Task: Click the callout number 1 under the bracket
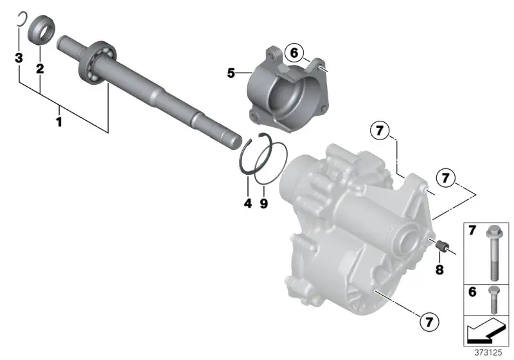tap(59, 122)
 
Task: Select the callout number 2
tap(40, 69)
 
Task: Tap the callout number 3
tap(19, 57)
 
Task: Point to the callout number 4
tap(248, 203)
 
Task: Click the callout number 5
tap(231, 73)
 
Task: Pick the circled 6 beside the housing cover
tap(294, 53)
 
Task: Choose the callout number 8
tap(439, 269)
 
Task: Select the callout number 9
tap(264, 203)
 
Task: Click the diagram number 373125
tap(488, 352)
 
